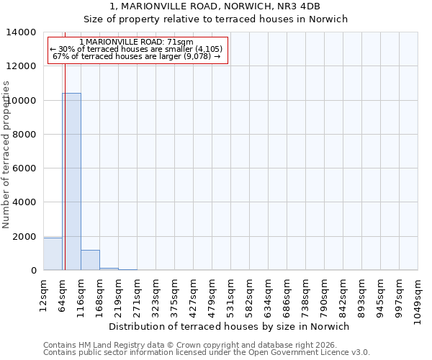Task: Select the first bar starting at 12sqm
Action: [53, 254]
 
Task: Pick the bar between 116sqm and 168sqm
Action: [90, 260]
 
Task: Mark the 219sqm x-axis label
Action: [119, 296]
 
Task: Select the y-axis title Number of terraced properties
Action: [6, 154]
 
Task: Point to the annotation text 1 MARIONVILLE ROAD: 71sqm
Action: [137, 42]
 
